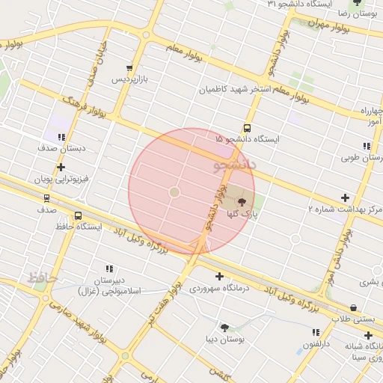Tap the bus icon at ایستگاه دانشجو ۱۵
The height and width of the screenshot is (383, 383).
click(x=247, y=127)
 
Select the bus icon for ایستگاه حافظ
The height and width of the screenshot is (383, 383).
click(x=79, y=216)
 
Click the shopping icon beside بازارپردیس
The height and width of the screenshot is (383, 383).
click(x=131, y=67)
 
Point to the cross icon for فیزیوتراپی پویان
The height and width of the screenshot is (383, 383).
click(x=61, y=167)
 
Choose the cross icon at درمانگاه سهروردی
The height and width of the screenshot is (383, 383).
click(x=218, y=276)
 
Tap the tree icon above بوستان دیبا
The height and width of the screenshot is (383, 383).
click(x=224, y=327)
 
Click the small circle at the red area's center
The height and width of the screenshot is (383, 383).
click(x=174, y=192)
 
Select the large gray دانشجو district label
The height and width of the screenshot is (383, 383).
click(x=234, y=162)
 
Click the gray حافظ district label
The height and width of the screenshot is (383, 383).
click(x=43, y=278)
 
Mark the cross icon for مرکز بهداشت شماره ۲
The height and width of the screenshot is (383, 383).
click(x=344, y=197)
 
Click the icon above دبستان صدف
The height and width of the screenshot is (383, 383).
click(x=61, y=137)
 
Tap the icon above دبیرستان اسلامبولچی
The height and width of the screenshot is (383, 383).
click(x=109, y=269)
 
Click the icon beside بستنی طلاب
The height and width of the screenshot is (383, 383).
click(x=352, y=307)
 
